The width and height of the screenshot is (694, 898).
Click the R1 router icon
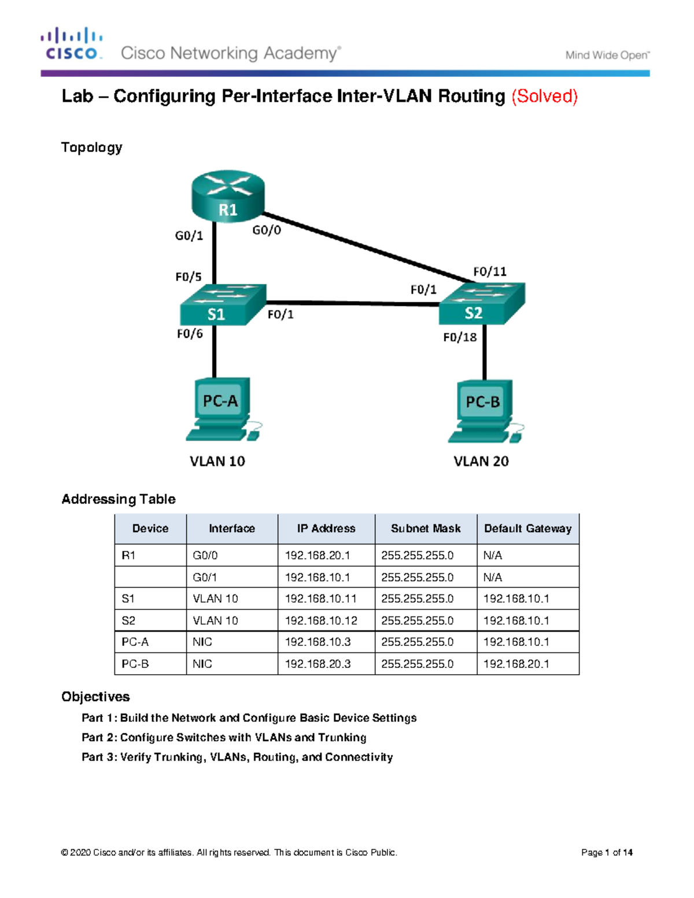[228, 196]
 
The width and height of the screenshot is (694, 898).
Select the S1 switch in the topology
[223, 305]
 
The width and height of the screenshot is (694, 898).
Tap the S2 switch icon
[482, 304]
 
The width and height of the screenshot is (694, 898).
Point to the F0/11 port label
[490, 272]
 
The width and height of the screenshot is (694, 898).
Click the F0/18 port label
[460, 338]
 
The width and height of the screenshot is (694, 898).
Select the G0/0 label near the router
[267, 230]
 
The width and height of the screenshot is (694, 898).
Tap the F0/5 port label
[189, 277]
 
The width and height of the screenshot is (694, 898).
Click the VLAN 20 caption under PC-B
[481, 461]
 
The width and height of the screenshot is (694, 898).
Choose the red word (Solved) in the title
[544, 97]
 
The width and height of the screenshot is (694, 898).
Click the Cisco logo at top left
[72, 43]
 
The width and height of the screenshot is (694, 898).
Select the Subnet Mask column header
[426, 529]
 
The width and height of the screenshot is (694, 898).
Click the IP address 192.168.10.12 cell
[321, 620]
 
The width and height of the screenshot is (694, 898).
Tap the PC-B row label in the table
[135, 664]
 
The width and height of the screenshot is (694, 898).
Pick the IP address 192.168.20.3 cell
[318, 664]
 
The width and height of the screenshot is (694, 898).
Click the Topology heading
[92, 147]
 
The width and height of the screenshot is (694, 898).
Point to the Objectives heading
[95, 697]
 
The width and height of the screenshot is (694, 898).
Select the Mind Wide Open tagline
[608, 56]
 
